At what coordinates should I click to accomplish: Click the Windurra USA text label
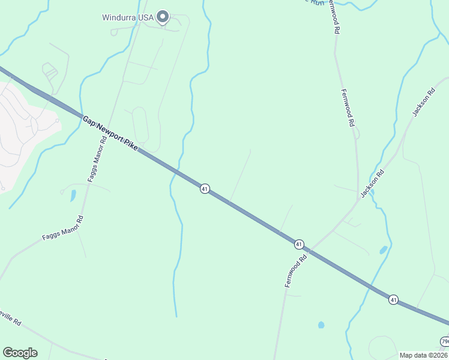coord(128,17)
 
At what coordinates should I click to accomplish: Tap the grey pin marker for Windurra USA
coord(163,17)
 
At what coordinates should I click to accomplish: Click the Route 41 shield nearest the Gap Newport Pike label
coord(205,189)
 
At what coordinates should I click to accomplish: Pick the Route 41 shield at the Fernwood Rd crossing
coord(299,244)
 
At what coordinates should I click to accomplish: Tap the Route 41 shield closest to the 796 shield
coord(393,299)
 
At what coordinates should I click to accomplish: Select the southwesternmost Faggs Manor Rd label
coord(62,229)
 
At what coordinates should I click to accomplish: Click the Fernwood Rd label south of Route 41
coord(297,270)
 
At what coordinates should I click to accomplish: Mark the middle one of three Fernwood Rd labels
coord(349,108)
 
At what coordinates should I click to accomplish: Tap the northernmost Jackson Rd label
coord(423,103)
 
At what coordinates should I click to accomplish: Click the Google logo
coord(20,353)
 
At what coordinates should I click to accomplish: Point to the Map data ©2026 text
coord(423,355)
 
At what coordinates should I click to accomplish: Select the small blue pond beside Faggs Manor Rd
coord(73,195)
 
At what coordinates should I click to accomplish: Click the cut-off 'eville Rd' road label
coord(11,317)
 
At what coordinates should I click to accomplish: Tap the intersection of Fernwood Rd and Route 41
coord(309,250)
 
